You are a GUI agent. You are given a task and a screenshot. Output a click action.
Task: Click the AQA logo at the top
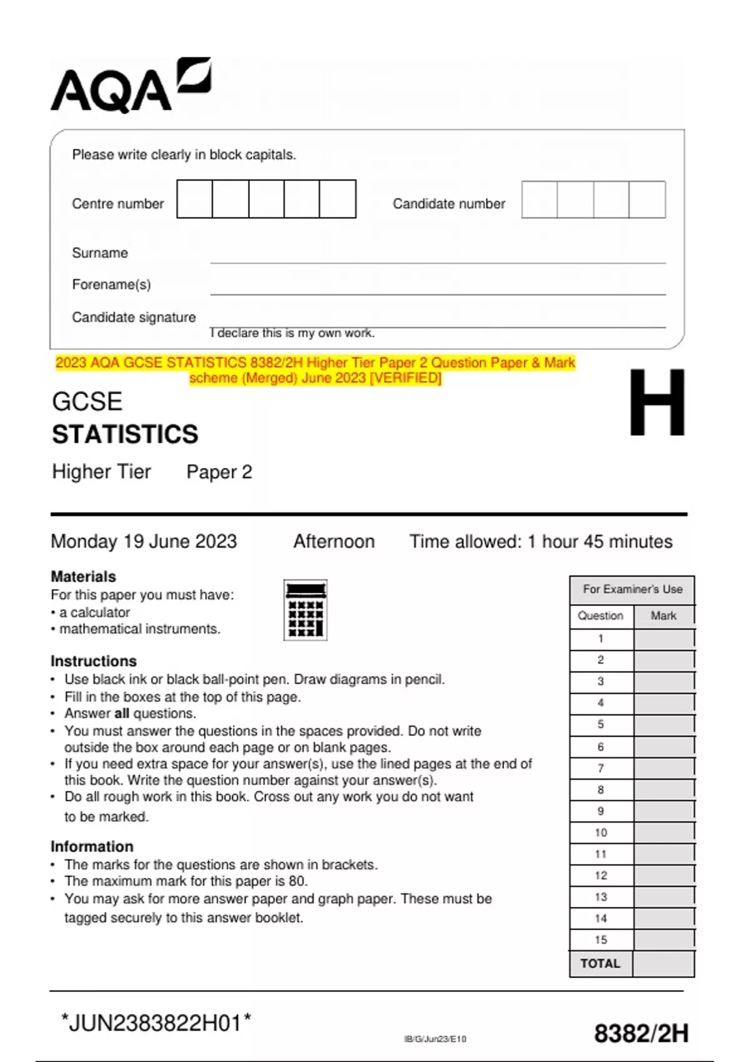[x=130, y=86]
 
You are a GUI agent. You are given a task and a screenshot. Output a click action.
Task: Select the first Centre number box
[x=194, y=199]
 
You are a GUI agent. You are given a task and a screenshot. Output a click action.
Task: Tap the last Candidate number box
[x=647, y=200]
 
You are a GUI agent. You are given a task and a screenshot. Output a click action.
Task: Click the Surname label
[x=100, y=253]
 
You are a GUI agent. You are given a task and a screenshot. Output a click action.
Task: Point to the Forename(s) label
[x=111, y=285]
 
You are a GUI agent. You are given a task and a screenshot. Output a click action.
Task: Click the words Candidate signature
[x=134, y=317]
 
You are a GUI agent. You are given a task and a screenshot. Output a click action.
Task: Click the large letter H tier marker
[x=656, y=403]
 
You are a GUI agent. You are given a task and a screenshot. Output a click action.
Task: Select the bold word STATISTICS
[x=125, y=434]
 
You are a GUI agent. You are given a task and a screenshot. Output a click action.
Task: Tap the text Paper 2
[x=219, y=472]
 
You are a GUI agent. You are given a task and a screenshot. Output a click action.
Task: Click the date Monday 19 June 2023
[x=144, y=542]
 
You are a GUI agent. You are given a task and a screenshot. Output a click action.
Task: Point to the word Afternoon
[x=334, y=542]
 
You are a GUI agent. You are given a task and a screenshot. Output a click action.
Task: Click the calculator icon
[x=305, y=610]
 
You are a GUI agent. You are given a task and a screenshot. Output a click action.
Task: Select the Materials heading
[x=83, y=577]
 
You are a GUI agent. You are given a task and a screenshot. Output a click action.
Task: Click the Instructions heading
[x=93, y=661]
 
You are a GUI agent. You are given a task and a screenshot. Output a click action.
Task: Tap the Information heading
[x=92, y=846]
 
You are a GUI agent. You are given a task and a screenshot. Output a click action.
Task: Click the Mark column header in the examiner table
[x=663, y=616]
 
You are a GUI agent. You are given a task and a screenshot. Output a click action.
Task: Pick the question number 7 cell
[x=601, y=768]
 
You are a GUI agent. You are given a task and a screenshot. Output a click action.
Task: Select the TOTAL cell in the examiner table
[x=600, y=964]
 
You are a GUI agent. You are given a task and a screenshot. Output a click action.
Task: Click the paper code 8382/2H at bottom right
[x=641, y=1034]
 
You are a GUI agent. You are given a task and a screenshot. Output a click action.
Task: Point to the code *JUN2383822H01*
[x=156, y=1023]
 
